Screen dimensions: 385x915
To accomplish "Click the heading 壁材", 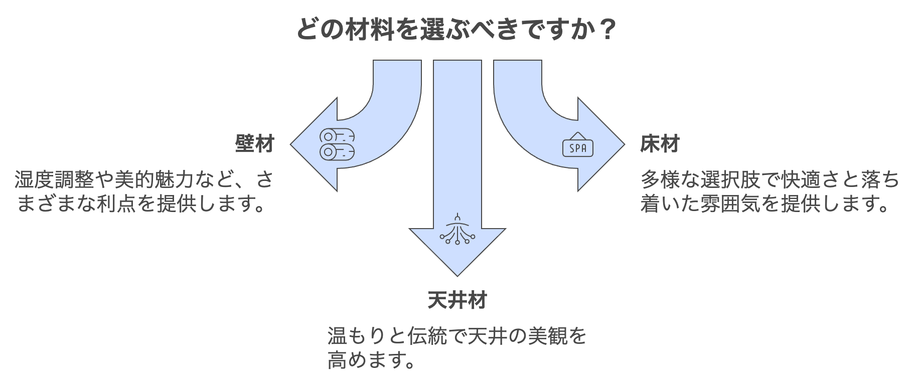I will (x=255, y=144).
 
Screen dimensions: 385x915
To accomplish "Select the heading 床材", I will (x=660, y=144).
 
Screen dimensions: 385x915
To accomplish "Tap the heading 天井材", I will (x=457, y=300).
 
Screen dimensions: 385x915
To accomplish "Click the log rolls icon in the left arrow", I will (x=337, y=144).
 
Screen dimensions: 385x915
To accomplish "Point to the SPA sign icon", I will (x=578, y=145).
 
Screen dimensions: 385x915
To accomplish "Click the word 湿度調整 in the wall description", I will (x=54, y=179).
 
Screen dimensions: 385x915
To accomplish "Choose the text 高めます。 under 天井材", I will (x=371, y=360).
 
